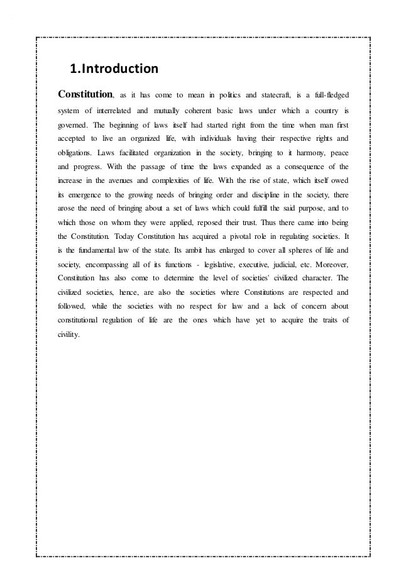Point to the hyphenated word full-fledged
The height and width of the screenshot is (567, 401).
point(328,96)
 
